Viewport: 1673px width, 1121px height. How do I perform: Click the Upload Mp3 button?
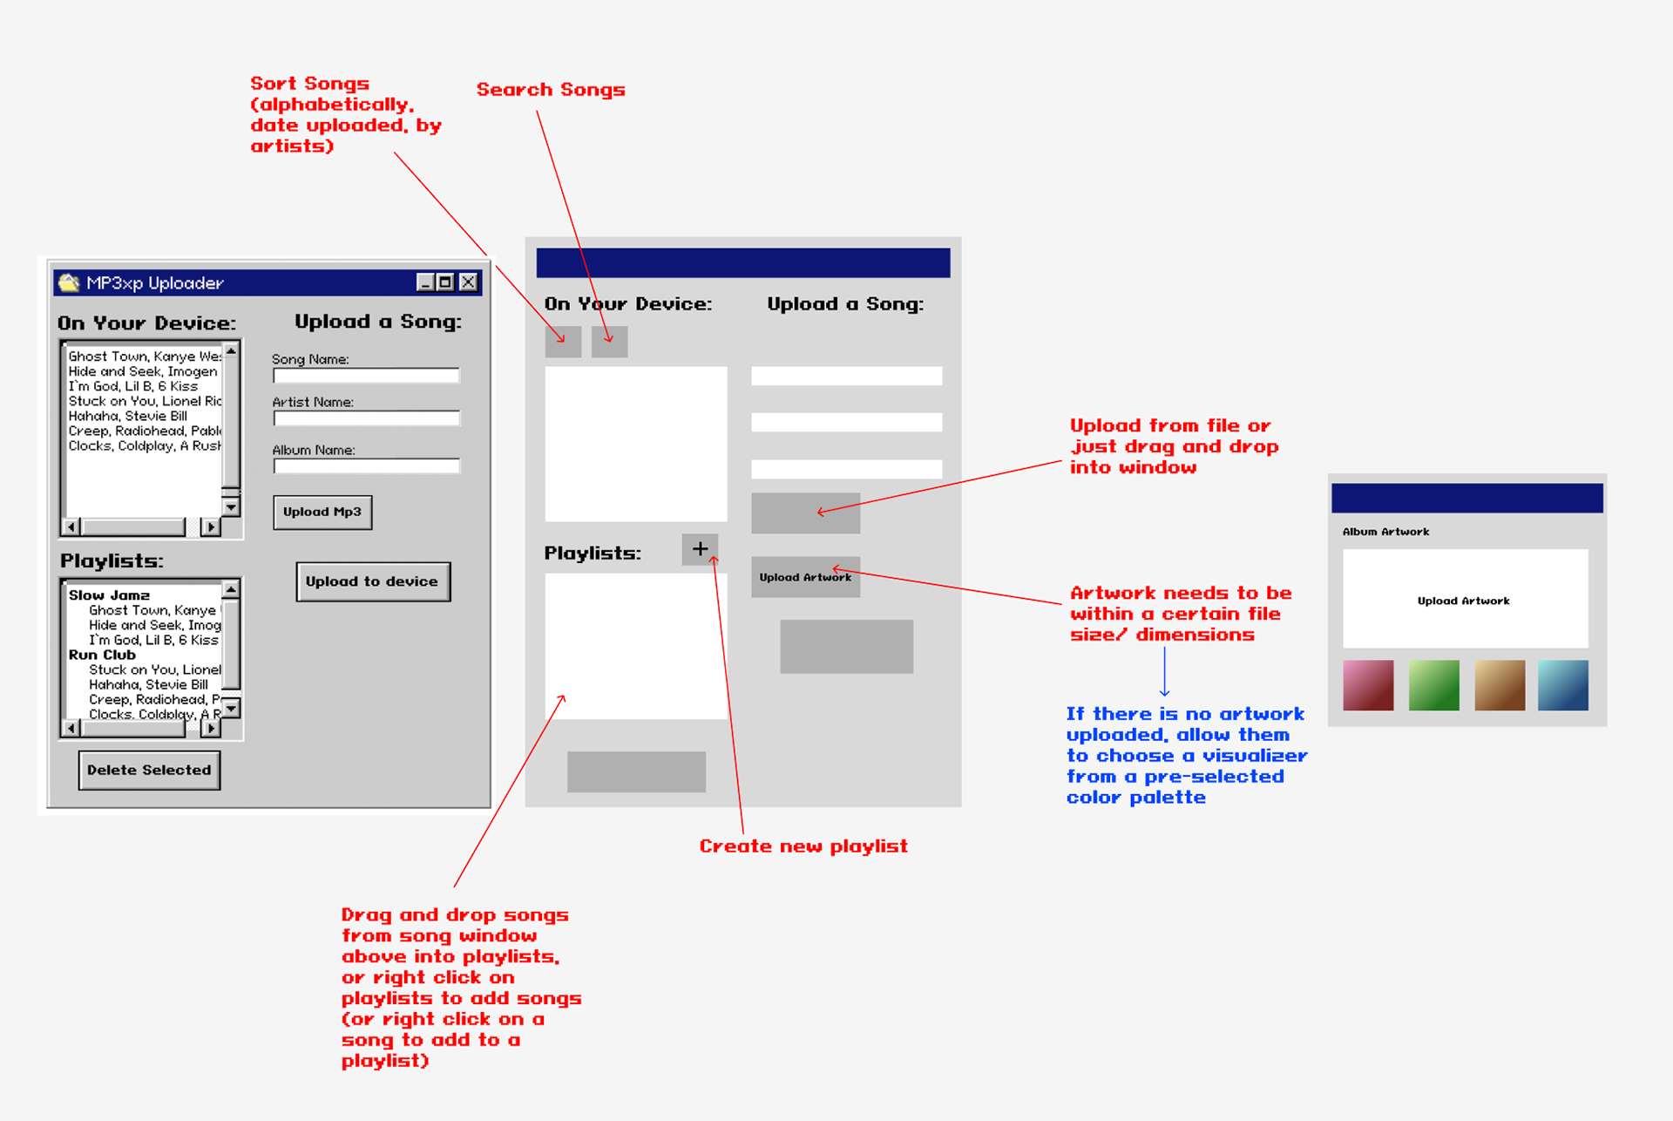pyautogui.click(x=322, y=512)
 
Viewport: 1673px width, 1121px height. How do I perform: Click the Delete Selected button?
pyautogui.click(x=149, y=770)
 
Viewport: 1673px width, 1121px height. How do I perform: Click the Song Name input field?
pyautogui.click(x=366, y=376)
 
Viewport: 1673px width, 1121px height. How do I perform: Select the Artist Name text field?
pyautogui.click(x=366, y=418)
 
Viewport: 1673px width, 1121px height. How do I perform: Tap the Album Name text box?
pyautogui.click(x=366, y=466)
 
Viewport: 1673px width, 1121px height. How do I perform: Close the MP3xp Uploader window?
pyautogui.click(x=468, y=282)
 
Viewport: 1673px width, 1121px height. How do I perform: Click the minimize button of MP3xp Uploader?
pyautogui.click(x=425, y=282)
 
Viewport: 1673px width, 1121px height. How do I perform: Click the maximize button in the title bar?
pyautogui.click(x=445, y=282)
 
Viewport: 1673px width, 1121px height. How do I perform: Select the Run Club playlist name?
pyautogui.click(x=102, y=655)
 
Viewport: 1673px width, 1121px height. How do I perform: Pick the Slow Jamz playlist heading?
pyautogui.click(x=109, y=595)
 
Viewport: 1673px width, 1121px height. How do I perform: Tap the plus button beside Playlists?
pyautogui.click(x=700, y=549)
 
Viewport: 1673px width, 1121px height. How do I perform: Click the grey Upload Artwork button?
pyautogui.click(x=805, y=577)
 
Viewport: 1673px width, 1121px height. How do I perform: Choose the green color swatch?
pyautogui.click(x=1433, y=685)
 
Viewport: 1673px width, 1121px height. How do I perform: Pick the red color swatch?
pyautogui.click(x=1368, y=685)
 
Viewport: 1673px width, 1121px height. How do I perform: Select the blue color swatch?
pyautogui.click(x=1562, y=685)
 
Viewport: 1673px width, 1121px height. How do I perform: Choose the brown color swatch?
pyautogui.click(x=1499, y=685)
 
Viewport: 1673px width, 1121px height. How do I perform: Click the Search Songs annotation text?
pyautogui.click(x=551, y=90)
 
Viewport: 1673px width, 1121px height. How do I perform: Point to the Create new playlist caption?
pyautogui.click(x=803, y=846)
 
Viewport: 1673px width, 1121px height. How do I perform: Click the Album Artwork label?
pyautogui.click(x=1385, y=532)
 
